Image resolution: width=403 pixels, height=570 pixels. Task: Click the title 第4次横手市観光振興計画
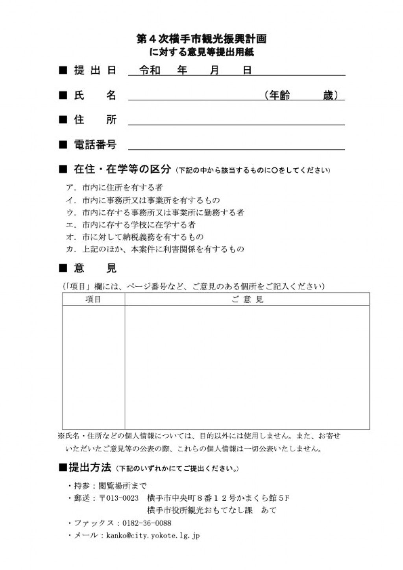(201, 39)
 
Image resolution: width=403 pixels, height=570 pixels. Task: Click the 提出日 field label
(95, 71)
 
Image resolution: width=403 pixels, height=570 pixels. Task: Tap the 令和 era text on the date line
(150, 71)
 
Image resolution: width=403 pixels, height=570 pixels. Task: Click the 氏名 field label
(95, 95)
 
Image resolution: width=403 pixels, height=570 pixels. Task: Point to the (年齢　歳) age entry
(301, 95)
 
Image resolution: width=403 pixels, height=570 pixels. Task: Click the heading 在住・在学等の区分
(122, 169)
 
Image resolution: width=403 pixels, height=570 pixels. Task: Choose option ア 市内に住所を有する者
(115, 188)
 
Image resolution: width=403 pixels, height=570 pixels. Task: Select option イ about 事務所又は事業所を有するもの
(143, 200)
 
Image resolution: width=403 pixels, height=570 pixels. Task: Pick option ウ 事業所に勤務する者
(155, 213)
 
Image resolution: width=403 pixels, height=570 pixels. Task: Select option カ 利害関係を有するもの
(155, 249)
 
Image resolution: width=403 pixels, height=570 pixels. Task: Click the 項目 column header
(93, 300)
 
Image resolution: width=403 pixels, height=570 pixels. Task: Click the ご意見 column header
(247, 300)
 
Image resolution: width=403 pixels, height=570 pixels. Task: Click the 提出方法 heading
(90, 468)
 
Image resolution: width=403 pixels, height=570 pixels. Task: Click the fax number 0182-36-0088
(147, 523)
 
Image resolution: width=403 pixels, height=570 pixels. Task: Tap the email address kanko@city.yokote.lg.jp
(153, 536)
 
